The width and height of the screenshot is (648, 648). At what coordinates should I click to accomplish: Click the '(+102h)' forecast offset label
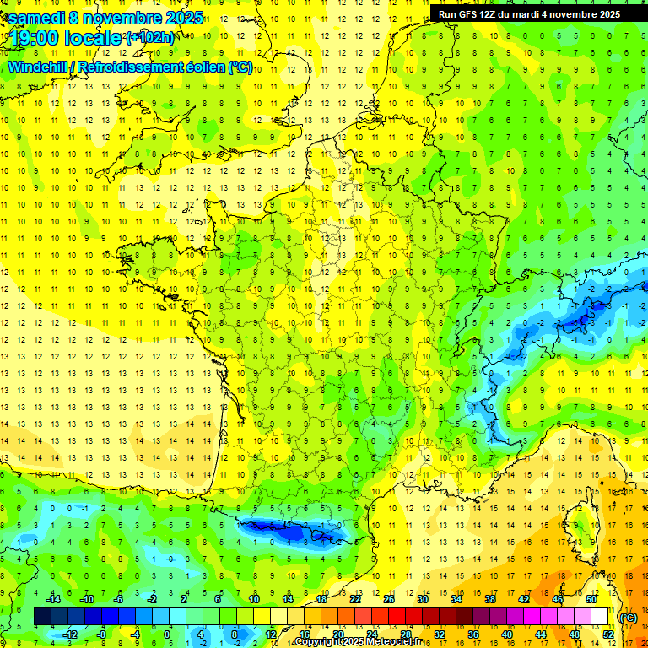point(150,38)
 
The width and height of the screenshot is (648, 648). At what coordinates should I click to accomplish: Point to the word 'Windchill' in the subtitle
point(42,67)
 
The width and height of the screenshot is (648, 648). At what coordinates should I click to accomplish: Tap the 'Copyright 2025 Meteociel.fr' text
point(358,642)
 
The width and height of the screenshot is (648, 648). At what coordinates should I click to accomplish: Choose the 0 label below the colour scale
point(167,634)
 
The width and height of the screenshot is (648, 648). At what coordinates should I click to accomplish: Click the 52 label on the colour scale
point(607,634)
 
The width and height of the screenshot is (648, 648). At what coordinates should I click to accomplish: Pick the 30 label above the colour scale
point(422,599)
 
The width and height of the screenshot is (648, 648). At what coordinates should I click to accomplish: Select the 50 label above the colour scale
point(591,599)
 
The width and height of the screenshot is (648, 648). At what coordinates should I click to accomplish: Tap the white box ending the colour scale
point(599,617)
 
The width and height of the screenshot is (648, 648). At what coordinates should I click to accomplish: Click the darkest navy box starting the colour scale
point(42,617)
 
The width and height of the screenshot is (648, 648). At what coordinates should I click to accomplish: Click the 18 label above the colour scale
point(321,599)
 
